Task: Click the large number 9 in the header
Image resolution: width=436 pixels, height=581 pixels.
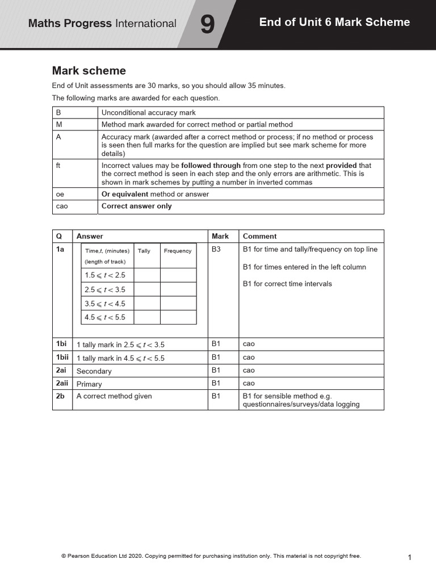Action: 208,25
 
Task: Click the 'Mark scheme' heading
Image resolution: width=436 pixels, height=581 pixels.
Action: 89,71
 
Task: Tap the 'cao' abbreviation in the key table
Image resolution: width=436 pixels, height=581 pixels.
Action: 62,207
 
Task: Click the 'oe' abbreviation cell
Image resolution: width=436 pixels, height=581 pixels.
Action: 60,194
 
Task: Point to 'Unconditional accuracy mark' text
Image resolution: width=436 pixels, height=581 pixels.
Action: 148,113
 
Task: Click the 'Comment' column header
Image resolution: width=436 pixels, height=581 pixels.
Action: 259,236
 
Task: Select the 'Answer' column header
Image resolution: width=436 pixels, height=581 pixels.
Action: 90,236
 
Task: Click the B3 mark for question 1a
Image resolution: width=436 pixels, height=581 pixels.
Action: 216,249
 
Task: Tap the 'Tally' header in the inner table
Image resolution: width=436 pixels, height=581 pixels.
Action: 144,251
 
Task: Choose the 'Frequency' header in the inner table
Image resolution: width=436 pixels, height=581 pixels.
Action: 178,251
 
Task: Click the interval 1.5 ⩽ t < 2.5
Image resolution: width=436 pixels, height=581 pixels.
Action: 105,275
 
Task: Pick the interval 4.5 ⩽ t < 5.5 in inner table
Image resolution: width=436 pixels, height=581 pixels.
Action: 105,318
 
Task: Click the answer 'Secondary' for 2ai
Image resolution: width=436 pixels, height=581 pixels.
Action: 94,371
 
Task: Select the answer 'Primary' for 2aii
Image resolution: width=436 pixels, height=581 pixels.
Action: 89,384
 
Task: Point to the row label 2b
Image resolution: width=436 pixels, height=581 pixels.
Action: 60,396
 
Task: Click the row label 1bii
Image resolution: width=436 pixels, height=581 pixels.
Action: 62,357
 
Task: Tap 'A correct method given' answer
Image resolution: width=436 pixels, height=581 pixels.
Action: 114,396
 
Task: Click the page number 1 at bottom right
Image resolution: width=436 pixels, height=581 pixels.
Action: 409,558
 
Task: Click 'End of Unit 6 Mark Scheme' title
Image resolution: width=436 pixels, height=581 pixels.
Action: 334,22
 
